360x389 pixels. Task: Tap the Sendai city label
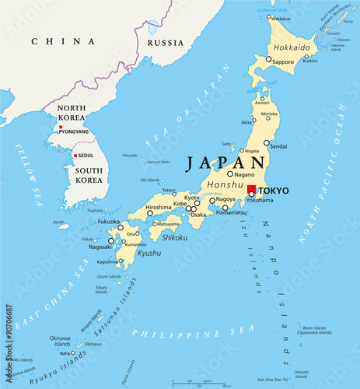278,145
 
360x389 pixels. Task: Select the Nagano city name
245,174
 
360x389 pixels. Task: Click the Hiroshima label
159,207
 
